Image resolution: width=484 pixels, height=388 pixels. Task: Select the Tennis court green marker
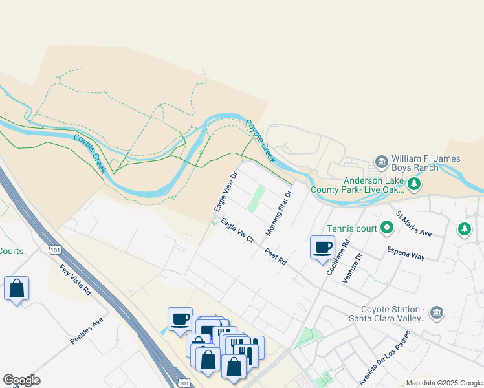point(387,228)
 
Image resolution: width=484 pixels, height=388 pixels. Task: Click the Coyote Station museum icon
point(437,312)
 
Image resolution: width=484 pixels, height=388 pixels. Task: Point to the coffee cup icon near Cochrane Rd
point(323,247)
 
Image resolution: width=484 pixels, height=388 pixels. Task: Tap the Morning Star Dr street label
point(280,213)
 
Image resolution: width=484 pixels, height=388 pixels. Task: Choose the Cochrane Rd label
point(338,257)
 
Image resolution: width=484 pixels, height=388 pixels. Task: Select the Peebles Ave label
point(87,330)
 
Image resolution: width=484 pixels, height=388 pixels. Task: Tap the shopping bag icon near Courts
point(16,288)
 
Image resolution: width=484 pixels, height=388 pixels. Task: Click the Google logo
point(21,380)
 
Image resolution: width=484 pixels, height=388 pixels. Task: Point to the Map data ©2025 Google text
point(444,383)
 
